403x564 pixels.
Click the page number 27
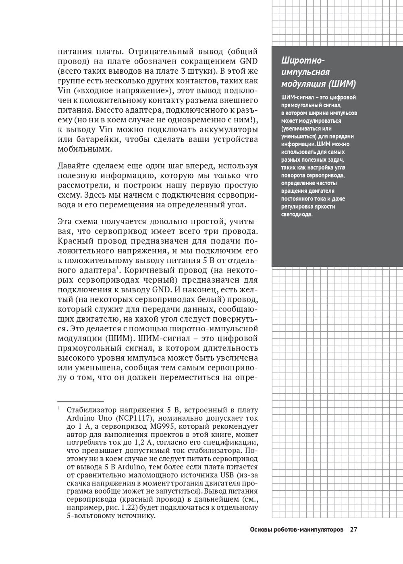point(353,530)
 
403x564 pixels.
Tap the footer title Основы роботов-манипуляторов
point(297,530)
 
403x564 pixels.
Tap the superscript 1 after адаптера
point(117,268)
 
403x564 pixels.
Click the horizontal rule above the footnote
point(81,401)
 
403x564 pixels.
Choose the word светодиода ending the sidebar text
point(296,215)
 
